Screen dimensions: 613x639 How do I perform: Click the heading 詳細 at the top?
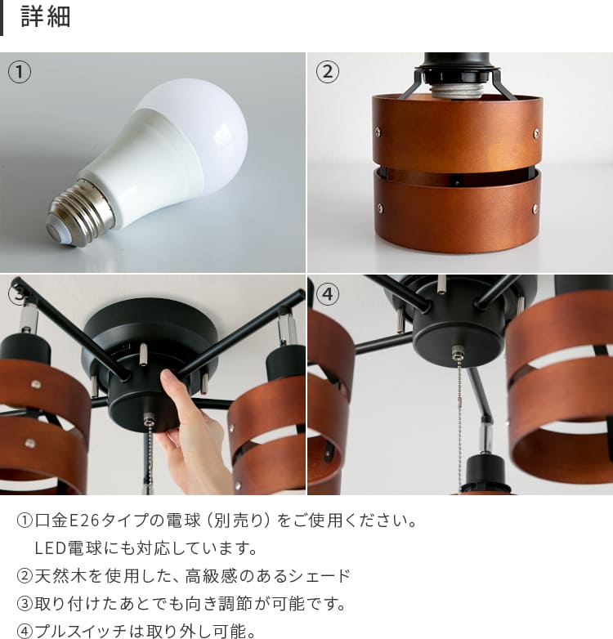(46, 16)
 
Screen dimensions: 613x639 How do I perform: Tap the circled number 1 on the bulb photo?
(19, 72)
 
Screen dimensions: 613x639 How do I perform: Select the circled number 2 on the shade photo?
(327, 72)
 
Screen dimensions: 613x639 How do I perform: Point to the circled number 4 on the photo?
(327, 294)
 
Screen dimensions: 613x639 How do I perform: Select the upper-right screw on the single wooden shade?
(536, 132)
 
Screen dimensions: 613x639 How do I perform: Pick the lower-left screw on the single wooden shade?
(380, 208)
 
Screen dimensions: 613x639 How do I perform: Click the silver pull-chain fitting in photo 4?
(456, 351)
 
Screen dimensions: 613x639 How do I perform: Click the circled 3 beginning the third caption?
(25, 604)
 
